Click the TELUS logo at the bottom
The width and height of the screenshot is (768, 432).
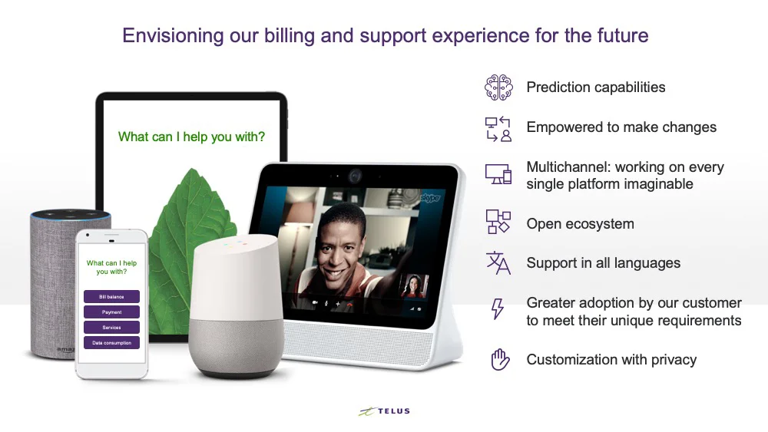[x=384, y=411]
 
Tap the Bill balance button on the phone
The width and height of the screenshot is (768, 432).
[x=111, y=296]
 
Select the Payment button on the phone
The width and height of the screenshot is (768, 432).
[x=111, y=312]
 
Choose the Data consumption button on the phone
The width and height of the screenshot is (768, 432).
[x=111, y=343]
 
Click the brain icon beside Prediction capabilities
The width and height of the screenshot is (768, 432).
[x=498, y=87]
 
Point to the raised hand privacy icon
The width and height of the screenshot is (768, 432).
[x=498, y=359]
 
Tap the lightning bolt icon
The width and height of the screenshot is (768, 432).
[x=498, y=309]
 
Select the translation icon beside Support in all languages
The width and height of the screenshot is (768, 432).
[x=498, y=263]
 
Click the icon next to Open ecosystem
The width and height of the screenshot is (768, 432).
[x=498, y=223]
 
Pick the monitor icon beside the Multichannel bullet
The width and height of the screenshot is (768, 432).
[x=498, y=174]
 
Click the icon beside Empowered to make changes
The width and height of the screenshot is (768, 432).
[x=498, y=128]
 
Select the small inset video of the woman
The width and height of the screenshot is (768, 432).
[x=414, y=289]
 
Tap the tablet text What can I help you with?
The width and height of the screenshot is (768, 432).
[x=191, y=137]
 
